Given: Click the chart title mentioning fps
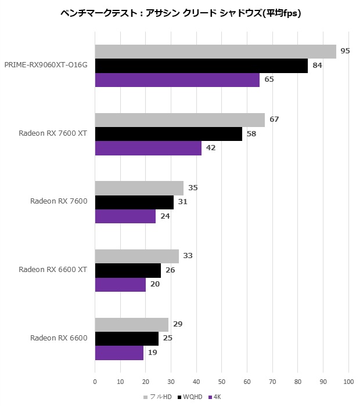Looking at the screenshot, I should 181,13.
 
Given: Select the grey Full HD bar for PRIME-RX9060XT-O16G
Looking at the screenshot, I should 215,52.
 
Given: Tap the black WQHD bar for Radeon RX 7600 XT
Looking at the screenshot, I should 168,134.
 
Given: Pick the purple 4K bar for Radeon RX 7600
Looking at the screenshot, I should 125,216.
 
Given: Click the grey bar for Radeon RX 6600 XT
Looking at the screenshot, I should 137,256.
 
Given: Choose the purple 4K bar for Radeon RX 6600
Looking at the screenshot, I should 119,353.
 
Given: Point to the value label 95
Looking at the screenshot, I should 345,51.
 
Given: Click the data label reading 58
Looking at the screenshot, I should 251,133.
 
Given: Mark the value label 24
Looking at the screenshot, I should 164,216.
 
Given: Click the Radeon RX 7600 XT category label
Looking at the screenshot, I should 53,133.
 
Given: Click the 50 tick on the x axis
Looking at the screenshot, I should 222,382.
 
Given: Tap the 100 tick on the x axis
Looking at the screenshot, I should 348,382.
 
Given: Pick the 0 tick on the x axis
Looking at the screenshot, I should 95,382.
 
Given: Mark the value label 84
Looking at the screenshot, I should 317,66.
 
